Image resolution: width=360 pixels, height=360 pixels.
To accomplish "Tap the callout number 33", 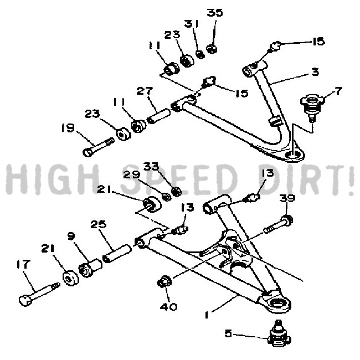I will pyautogui.click(x=151, y=166).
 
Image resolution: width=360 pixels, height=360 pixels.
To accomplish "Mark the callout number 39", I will pyautogui.click(x=287, y=198).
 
